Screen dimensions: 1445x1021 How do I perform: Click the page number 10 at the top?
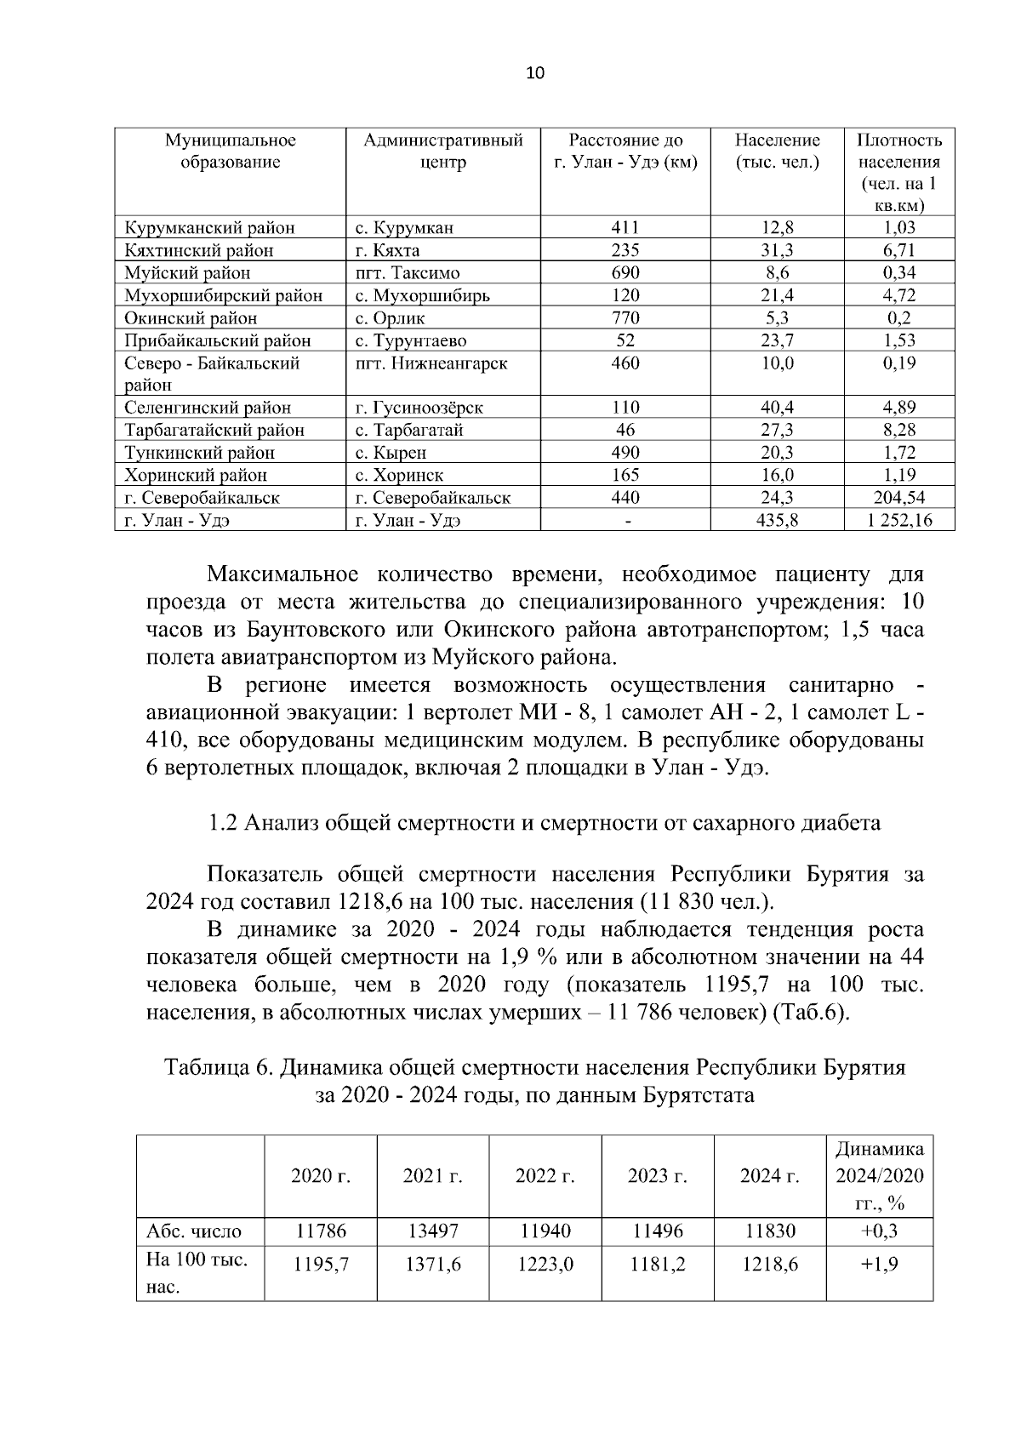[x=535, y=73]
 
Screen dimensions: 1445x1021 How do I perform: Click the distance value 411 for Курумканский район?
[x=625, y=228]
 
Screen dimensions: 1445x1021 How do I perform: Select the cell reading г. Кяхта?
[x=388, y=250]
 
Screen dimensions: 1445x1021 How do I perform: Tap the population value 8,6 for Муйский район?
[x=777, y=273]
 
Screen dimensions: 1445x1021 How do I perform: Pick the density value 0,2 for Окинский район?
[x=898, y=318]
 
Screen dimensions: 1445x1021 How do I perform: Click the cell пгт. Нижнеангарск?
[x=431, y=363]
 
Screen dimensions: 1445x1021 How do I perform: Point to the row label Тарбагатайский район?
[x=214, y=431]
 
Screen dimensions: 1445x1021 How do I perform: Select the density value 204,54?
[x=898, y=498]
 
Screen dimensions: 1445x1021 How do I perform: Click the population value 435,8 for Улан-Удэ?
[x=777, y=521]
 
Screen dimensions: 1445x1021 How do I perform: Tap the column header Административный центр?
[x=442, y=151]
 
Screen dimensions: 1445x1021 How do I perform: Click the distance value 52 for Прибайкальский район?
[x=625, y=340]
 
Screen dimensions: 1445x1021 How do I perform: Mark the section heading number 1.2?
[x=223, y=823]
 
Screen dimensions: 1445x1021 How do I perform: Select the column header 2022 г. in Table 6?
[x=545, y=1176]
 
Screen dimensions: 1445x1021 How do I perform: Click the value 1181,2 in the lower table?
[x=657, y=1265]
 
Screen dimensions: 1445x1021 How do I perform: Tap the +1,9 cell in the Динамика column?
[x=879, y=1265]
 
